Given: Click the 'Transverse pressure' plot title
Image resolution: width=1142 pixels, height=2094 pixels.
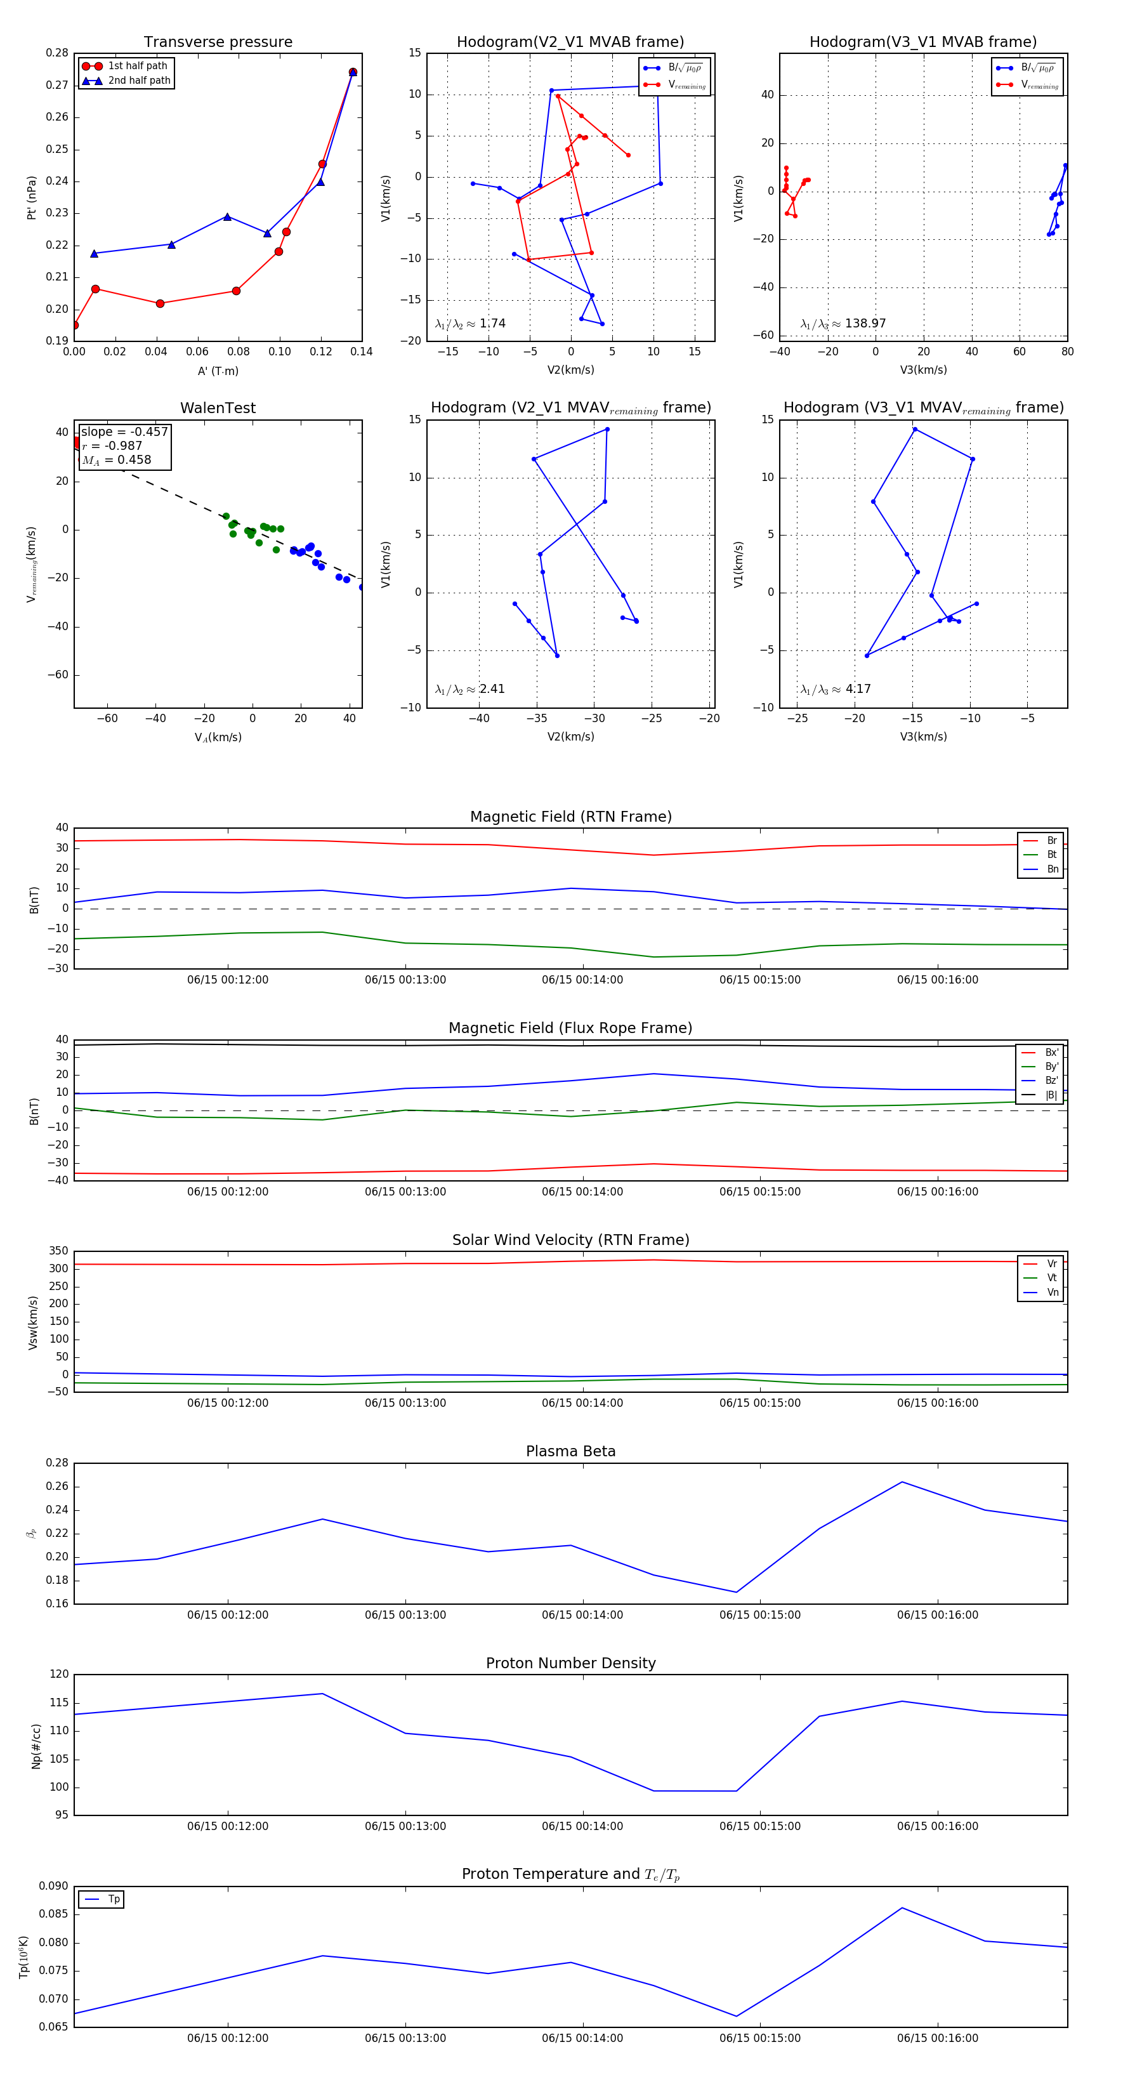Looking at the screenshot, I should click(218, 43).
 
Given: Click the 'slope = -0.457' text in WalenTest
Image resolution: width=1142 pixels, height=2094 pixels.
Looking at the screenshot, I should click(124, 431).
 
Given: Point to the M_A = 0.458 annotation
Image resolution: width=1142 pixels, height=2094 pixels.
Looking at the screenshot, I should click(116, 460).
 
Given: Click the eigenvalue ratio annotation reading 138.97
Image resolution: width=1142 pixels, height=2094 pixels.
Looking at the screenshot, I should click(843, 324).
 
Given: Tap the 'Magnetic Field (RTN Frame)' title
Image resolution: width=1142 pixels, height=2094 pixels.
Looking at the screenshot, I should click(570, 817).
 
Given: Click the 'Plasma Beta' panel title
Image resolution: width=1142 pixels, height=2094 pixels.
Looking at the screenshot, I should click(570, 1452).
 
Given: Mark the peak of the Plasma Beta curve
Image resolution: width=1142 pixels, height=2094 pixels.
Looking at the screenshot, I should click(902, 1482).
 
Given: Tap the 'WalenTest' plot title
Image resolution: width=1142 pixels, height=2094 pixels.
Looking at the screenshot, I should click(218, 408).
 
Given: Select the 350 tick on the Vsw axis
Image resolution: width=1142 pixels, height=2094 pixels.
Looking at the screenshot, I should click(58, 1251).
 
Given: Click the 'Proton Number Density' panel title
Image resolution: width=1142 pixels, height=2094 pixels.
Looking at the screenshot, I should click(570, 1663).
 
